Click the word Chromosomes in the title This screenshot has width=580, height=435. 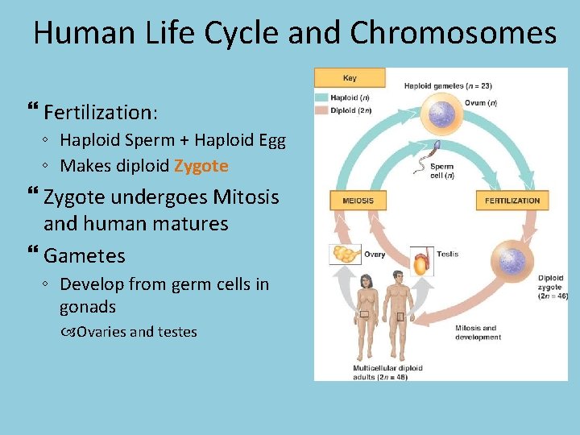pyautogui.click(x=454, y=34)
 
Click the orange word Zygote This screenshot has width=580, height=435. pyautogui.click(x=201, y=166)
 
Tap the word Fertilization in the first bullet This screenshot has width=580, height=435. pyautogui.click(x=100, y=111)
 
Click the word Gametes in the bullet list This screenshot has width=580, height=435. pyautogui.click(x=85, y=256)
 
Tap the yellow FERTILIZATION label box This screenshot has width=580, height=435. pyautogui.click(x=512, y=200)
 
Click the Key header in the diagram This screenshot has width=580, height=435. pyautogui.click(x=350, y=78)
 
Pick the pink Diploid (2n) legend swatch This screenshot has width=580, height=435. pyautogui.click(x=321, y=110)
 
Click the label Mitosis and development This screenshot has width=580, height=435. pyautogui.click(x=478, y=333)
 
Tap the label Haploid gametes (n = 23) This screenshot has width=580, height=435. pyautogui.click(x=448, y=85)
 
